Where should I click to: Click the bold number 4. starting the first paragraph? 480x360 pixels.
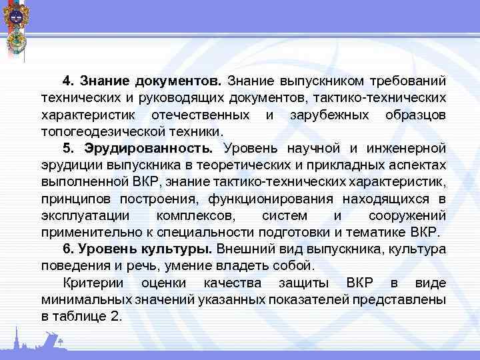pos(68,82)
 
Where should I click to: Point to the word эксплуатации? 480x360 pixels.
pos(84,217)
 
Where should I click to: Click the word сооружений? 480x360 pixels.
pos(407,217)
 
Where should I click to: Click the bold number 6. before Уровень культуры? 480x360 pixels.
pos(68,249)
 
